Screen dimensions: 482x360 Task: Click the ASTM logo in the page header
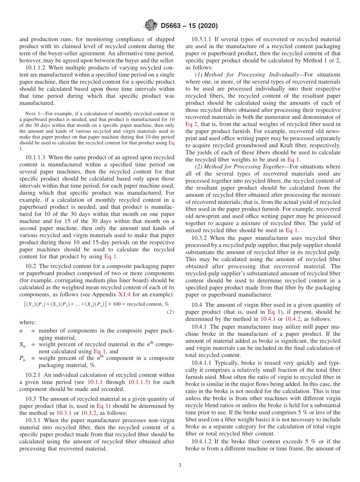(x=151, y=26)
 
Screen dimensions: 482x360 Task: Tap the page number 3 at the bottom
(x=180, y=465)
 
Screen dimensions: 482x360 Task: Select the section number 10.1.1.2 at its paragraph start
(x=36, y=67)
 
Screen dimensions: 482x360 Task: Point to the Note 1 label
(x=30, y=113)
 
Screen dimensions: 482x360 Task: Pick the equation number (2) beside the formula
(x=170, y=312)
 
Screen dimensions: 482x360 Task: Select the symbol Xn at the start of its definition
(x=22, y=344)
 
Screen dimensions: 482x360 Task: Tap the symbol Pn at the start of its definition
(x=22, y=358)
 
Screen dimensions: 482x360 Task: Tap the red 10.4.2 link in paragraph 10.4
(x=293, y=319)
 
